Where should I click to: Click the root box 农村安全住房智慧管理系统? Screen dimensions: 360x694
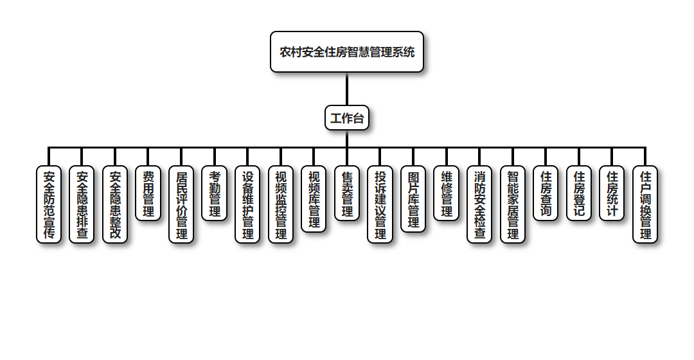click(347, 52)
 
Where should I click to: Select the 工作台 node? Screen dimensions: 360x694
click(347, 118)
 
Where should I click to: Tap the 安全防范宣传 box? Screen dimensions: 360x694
click(49, 204)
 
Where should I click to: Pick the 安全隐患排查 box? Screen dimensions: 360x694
click(82, 204)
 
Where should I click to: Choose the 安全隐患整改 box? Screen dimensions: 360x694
click(115, 204)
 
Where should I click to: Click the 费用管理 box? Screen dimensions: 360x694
click(148, 194)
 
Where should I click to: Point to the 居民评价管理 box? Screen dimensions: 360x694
click(181, 204)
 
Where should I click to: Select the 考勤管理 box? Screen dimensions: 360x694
click(215, 194)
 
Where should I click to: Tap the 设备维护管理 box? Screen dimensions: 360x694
click(247, 204)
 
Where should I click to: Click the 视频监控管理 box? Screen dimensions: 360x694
click(281, 204)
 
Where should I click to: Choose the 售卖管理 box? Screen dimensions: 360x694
click(347, 194)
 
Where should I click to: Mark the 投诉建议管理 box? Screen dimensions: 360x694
click(380, 204)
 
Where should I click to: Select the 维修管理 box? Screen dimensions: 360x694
click(446, 194)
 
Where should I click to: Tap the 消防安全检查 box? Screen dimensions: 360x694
click(479, 204)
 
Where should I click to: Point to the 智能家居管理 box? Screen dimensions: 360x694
click(512, 204)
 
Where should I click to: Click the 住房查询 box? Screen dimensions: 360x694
click(546, 194)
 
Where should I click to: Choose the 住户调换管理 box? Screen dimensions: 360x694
click(645, 204)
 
